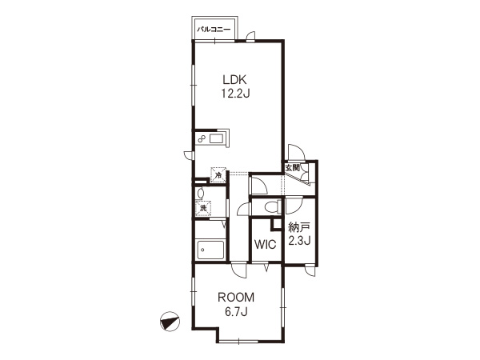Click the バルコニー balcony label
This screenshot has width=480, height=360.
[214, 30]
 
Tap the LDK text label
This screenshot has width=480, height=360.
[234, 80]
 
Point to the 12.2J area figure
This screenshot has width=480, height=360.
[235, 94]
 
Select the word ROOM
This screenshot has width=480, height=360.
[236, 298]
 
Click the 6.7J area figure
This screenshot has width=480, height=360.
[236, 311]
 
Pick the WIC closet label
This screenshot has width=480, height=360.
[266, 245]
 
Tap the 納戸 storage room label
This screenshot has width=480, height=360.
[299, 227]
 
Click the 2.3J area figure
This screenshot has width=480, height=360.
[300, 241]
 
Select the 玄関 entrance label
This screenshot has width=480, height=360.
[292, 168]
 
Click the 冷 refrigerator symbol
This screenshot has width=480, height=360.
[218, 175]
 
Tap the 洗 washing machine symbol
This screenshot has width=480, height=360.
[203, 208]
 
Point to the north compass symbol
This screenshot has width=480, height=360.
[170, 322]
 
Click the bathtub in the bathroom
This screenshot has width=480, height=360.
[211, 250]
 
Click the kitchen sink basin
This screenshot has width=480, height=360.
[217, 139]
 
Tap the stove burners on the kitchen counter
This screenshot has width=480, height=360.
[201, 139]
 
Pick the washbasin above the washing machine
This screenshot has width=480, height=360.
[201, 193]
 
